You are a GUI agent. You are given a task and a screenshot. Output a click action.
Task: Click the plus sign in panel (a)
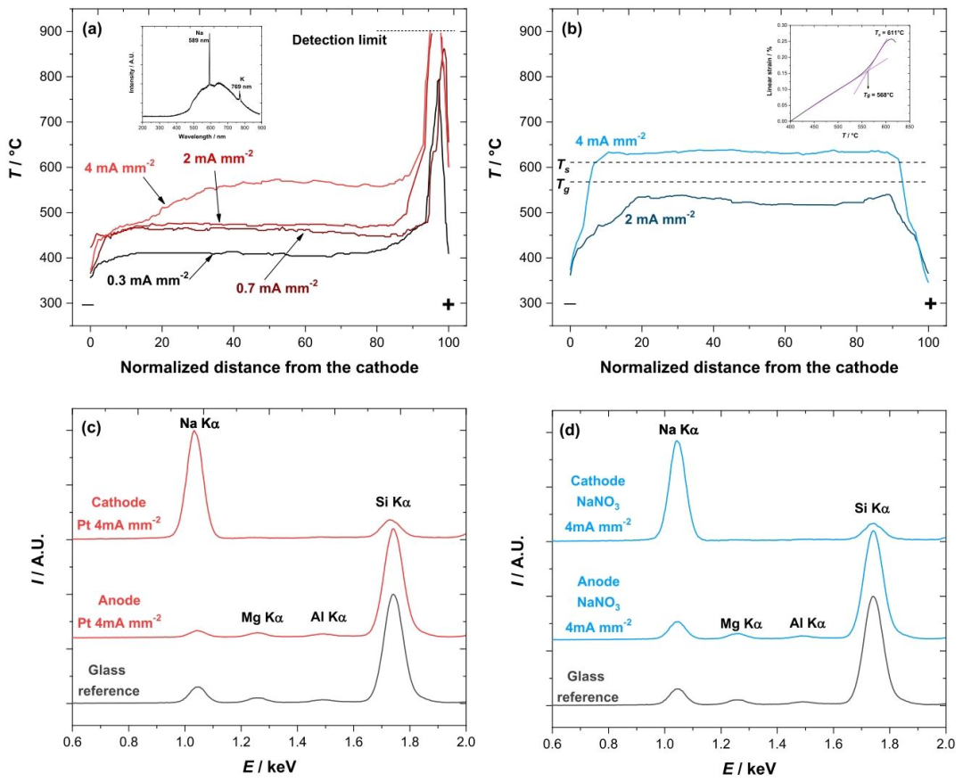point(448,304)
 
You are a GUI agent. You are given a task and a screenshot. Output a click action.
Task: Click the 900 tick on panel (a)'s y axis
point(52,31)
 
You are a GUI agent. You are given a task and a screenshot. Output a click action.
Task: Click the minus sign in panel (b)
point(570,304)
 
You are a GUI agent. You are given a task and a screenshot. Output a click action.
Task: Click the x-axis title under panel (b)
point(749,367)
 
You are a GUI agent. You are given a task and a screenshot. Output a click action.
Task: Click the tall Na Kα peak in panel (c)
point(194,433)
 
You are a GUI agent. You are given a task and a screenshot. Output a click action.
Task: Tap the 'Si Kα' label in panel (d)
point(871,509)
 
